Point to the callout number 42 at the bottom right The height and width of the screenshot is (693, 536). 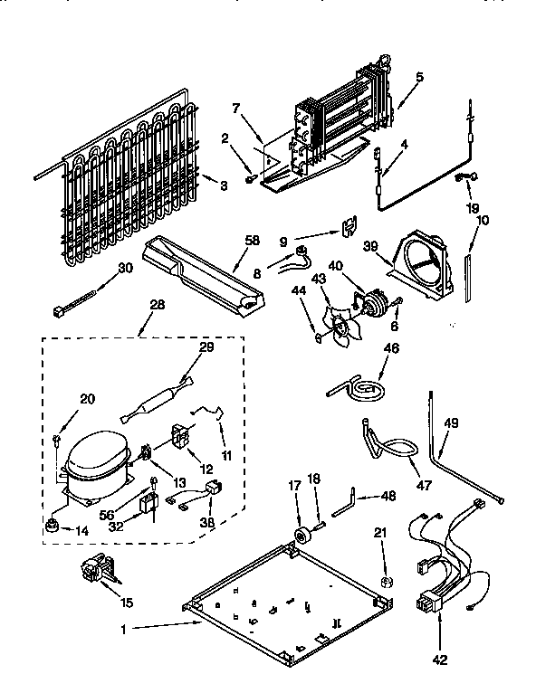(441, 659)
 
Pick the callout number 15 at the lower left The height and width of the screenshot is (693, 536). (126, 603)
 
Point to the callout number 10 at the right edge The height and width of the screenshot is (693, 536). (482, 221)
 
